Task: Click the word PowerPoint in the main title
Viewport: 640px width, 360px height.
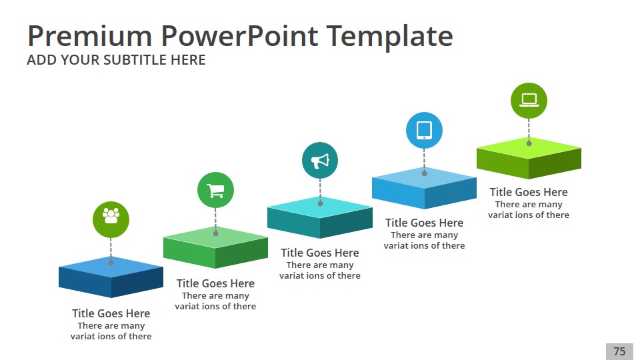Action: point(239,36)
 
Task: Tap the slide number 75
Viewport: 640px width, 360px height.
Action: point(619,351)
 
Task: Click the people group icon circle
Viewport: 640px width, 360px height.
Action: point(111,219)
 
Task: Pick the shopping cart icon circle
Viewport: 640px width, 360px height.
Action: point(215,190)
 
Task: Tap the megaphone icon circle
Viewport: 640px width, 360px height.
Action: point(320,161)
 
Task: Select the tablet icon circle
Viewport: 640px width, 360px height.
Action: point(424,130)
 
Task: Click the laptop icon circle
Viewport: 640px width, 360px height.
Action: point(529,101)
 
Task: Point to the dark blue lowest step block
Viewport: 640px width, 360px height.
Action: point(111,277)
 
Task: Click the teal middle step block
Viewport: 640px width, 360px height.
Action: point(320,217)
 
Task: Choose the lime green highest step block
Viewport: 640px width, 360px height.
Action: point(529,158)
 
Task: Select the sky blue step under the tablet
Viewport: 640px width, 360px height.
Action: point(424,188)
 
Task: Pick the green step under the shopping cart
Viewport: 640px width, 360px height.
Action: point(215,247)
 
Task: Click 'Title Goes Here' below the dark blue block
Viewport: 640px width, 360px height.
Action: point(111,313)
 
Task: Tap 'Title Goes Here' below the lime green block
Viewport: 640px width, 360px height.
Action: point(529,192)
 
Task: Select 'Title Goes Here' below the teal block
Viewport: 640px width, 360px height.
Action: point(320,253)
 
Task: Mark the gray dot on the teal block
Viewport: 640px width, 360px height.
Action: point(321,203)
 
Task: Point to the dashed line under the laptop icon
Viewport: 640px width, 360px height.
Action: point(529,129)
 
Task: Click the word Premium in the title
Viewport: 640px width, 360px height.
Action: point(90,36)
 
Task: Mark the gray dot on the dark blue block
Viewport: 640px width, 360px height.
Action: point(111,263)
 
